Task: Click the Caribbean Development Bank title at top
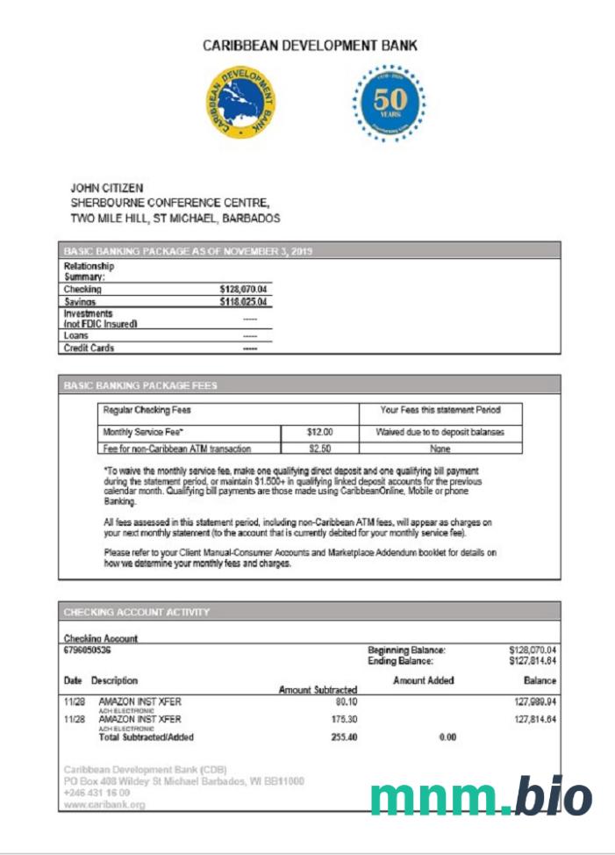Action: pos(310,46)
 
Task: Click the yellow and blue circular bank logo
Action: pos(240,104)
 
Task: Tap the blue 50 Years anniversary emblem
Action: pos(389,104)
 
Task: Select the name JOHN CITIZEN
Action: pos(106,188)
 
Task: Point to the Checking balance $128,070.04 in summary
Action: pos(243,289)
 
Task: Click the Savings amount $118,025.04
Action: pos(243,302)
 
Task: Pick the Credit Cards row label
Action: pos(89,348)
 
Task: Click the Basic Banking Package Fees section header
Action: pos(140,385)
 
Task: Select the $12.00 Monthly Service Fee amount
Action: pos(319,433)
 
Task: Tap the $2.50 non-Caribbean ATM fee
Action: pos(319,449)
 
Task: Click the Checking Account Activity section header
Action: pos(137,612)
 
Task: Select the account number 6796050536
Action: pos(88,650)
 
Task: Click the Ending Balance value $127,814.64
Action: pos(533,661)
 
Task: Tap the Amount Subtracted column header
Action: pos(318,690)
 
